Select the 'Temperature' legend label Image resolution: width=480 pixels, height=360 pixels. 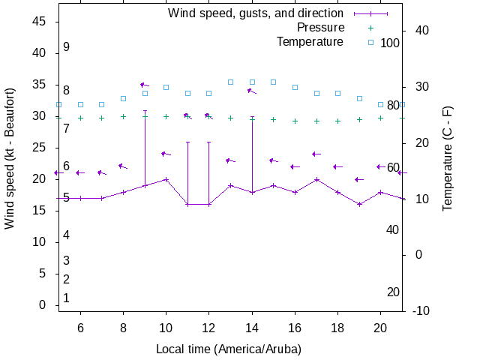(310, 42)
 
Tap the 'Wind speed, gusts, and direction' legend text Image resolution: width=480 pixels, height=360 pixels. (256, 13)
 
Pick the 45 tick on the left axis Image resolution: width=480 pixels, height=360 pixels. (40, 22)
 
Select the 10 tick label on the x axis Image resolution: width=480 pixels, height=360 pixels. (166, 327)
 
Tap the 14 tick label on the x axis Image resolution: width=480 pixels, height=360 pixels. (252, 327)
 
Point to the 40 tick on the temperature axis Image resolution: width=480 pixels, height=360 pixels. (421, 31)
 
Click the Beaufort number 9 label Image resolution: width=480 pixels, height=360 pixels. (66, 47)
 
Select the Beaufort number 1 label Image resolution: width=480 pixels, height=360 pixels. (66, 298)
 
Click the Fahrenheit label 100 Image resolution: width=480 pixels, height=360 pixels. (390, 43)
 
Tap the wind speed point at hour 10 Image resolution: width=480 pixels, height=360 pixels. (166, 179)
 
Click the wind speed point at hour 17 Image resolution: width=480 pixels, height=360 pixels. (317, 179)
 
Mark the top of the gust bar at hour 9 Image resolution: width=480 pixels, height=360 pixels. (145, 111)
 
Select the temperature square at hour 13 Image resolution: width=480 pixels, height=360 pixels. (231, 82)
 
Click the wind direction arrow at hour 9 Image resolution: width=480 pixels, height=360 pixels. (144, 85)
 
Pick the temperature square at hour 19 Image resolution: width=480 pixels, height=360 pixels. (360, 98)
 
